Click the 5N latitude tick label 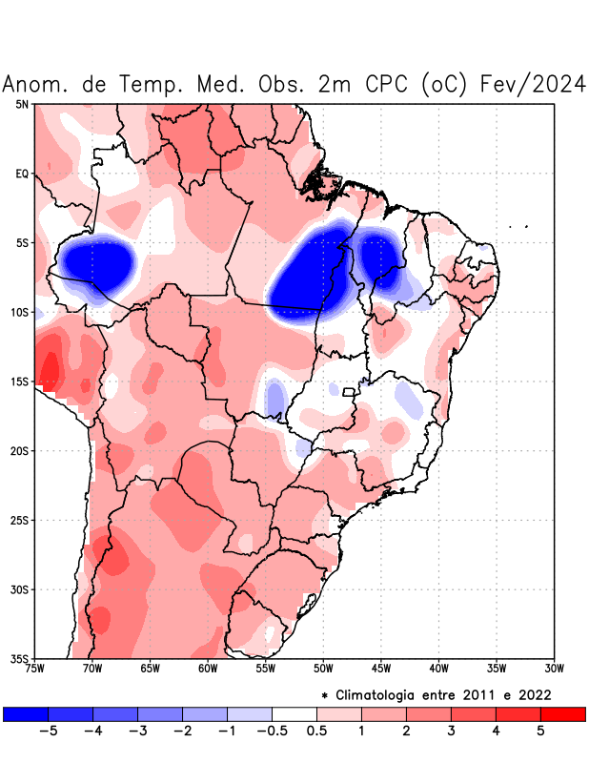[21, 104]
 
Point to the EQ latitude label [21, 174]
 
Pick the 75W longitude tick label [35, 668]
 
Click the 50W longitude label [323, 668]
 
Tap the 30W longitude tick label [554, 668]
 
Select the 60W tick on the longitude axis [208, 668]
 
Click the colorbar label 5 [539, 731]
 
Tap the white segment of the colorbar [294, 713]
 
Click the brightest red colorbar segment [562, 713]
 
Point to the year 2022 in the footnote [532, 694]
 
